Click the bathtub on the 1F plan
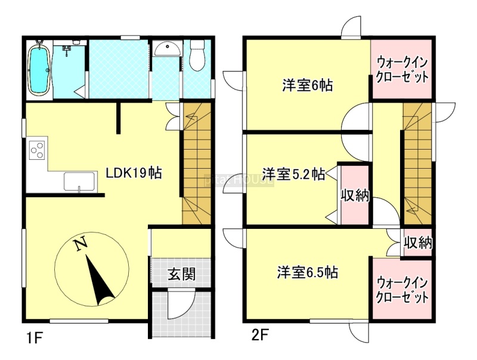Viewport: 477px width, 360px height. pyautogui.click(x=39, y=69)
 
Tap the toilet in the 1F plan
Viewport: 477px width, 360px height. pyautogui.click(x=197, y=55)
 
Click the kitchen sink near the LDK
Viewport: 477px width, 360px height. pyautogui.click(x=80, y=182)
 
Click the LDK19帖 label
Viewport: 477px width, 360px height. pyautogui.click(x=134, y=173)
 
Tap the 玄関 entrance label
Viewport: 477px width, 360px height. pyautogui.click(x=182, y=274)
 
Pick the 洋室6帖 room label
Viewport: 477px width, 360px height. pyautogui.click(x=308, y=85)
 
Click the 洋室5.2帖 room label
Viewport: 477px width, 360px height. pyautogui.click(x=294, y=174)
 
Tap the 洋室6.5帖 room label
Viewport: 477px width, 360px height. pyautogui.click(x=307, y=272)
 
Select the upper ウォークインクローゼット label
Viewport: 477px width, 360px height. pyautogui.click(x=402, y=70)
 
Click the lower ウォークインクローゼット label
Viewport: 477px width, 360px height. pyautogui.click(x=402, y=290)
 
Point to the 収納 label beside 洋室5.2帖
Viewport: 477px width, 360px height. pyautogui.click(x=355, y=195)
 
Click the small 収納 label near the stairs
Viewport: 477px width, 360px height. pyautogui.click(x=418, y=243)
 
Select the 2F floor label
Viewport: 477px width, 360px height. pyautogui.click(x=259, y=336)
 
